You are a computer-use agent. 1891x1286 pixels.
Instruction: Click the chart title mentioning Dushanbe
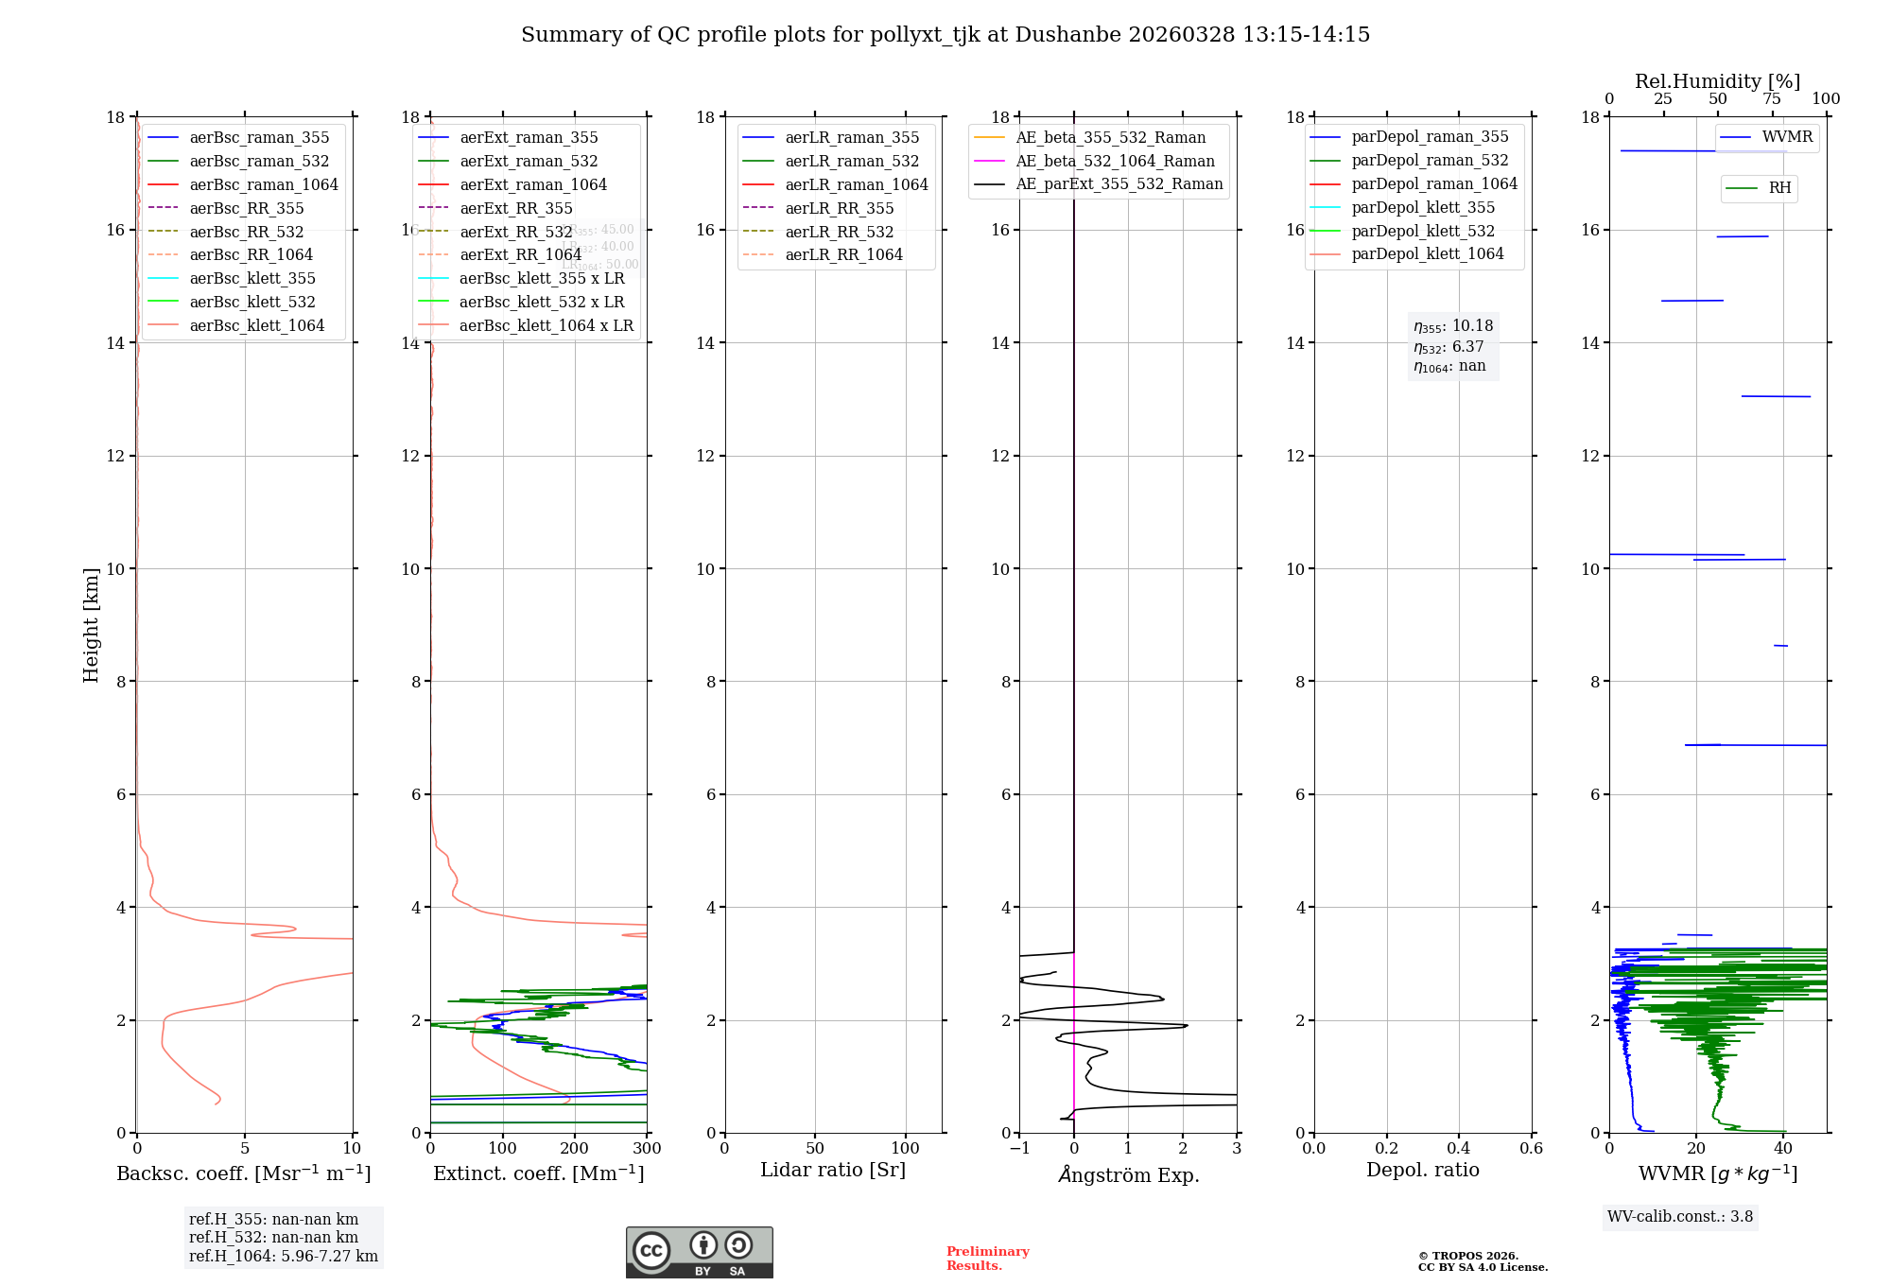click(x=945, y=35)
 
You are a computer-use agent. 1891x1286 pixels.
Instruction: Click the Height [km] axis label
click(x=91, y=624)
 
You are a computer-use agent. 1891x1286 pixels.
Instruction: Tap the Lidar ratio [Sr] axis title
click(x=833, y=1170)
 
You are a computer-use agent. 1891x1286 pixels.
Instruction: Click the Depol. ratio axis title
click(x=1422, y=1170)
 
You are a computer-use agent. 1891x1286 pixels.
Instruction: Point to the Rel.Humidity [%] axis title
click(x=1717, y=81)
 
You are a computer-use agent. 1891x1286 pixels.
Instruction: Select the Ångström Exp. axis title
click(x=1128, y=1174)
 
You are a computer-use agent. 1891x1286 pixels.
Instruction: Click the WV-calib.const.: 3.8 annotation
click(x=1679, y=1216)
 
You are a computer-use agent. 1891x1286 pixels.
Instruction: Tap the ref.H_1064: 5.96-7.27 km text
click(x=284, y=1256)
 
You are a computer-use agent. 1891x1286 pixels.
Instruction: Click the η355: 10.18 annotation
click(x=1453, y=326)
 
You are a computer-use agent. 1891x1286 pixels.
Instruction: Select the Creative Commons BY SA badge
click(x=699, y=1252)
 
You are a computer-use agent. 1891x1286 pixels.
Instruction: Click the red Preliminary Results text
click(x=987, y=1259)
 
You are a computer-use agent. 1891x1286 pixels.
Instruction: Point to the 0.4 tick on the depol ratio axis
click(x=1459, y=1148)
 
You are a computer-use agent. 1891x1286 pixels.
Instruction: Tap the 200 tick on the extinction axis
click(x=575, y=1148)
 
